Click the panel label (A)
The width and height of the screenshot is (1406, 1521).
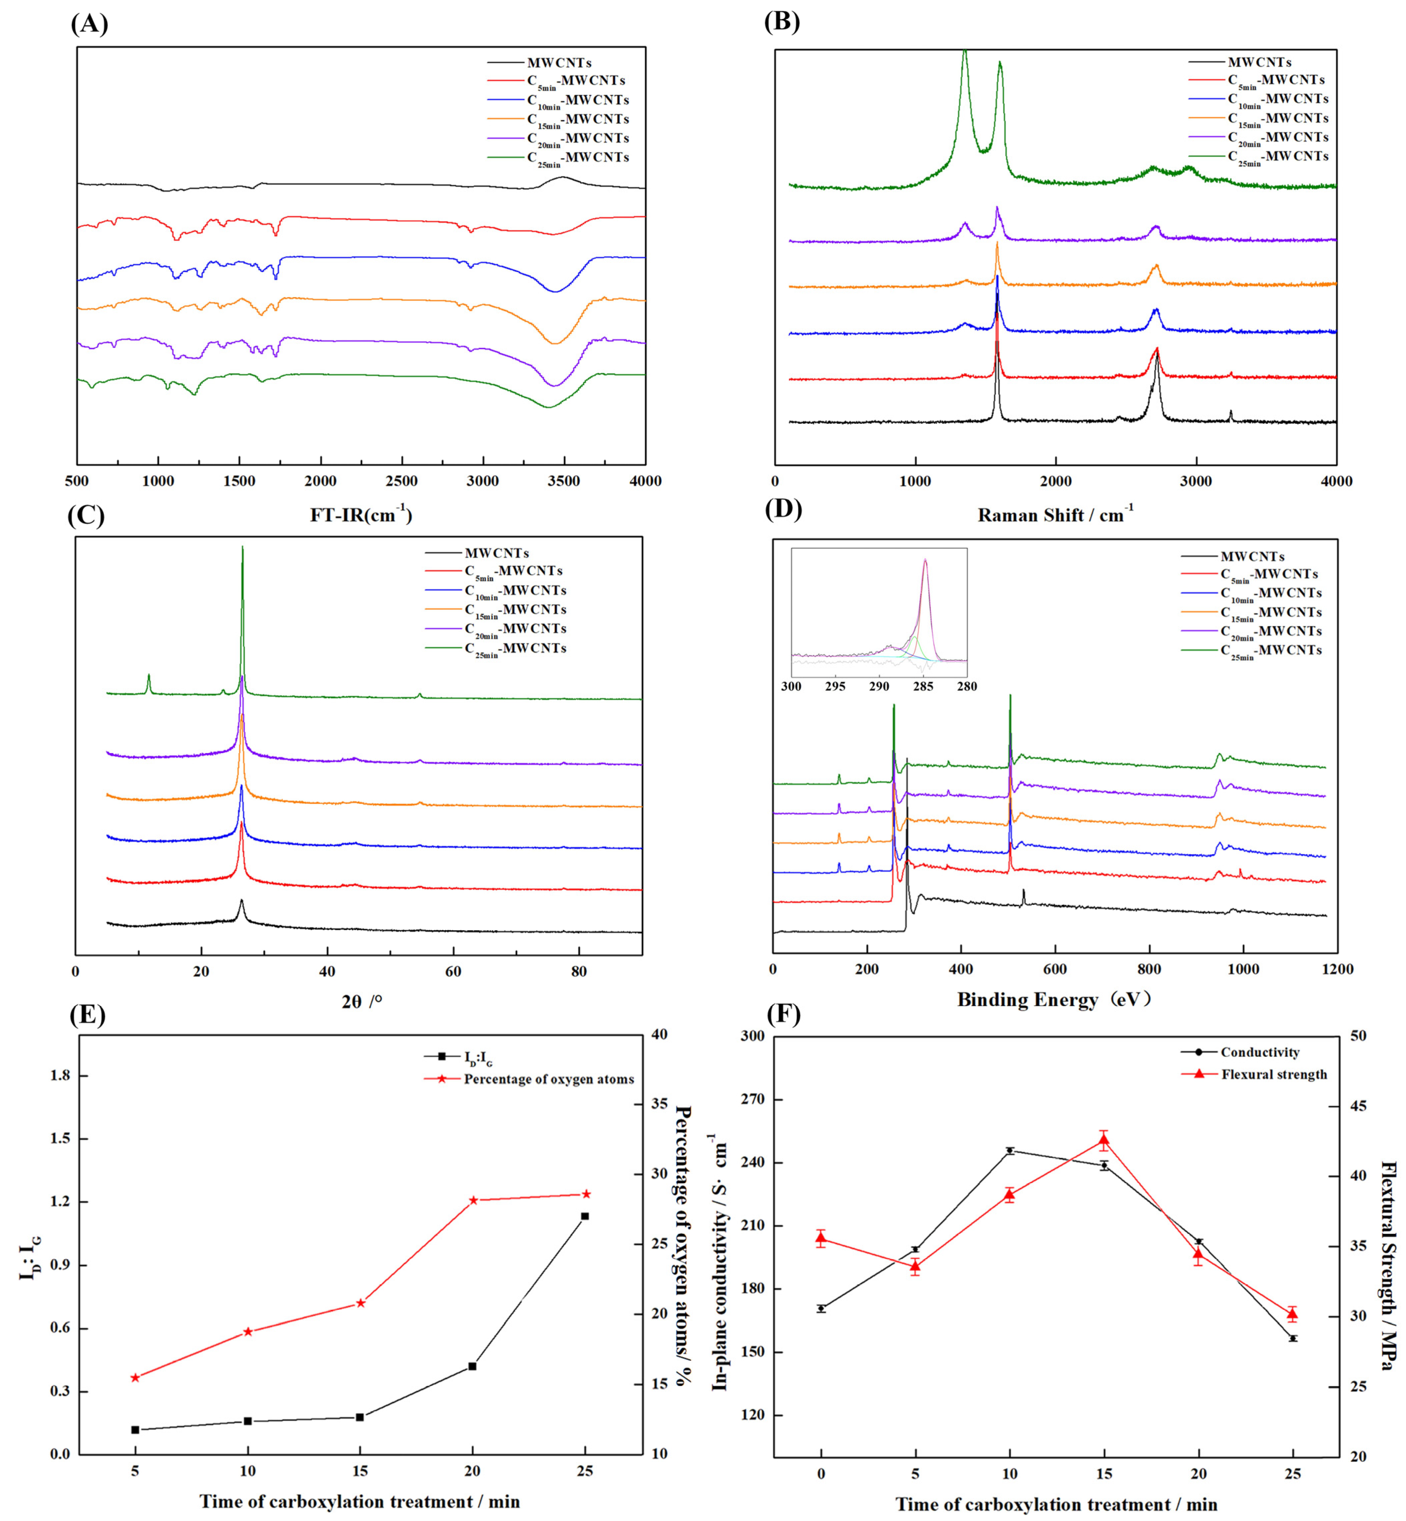click(89, 24)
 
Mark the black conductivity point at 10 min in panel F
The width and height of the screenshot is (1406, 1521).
click(1010, 1150)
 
